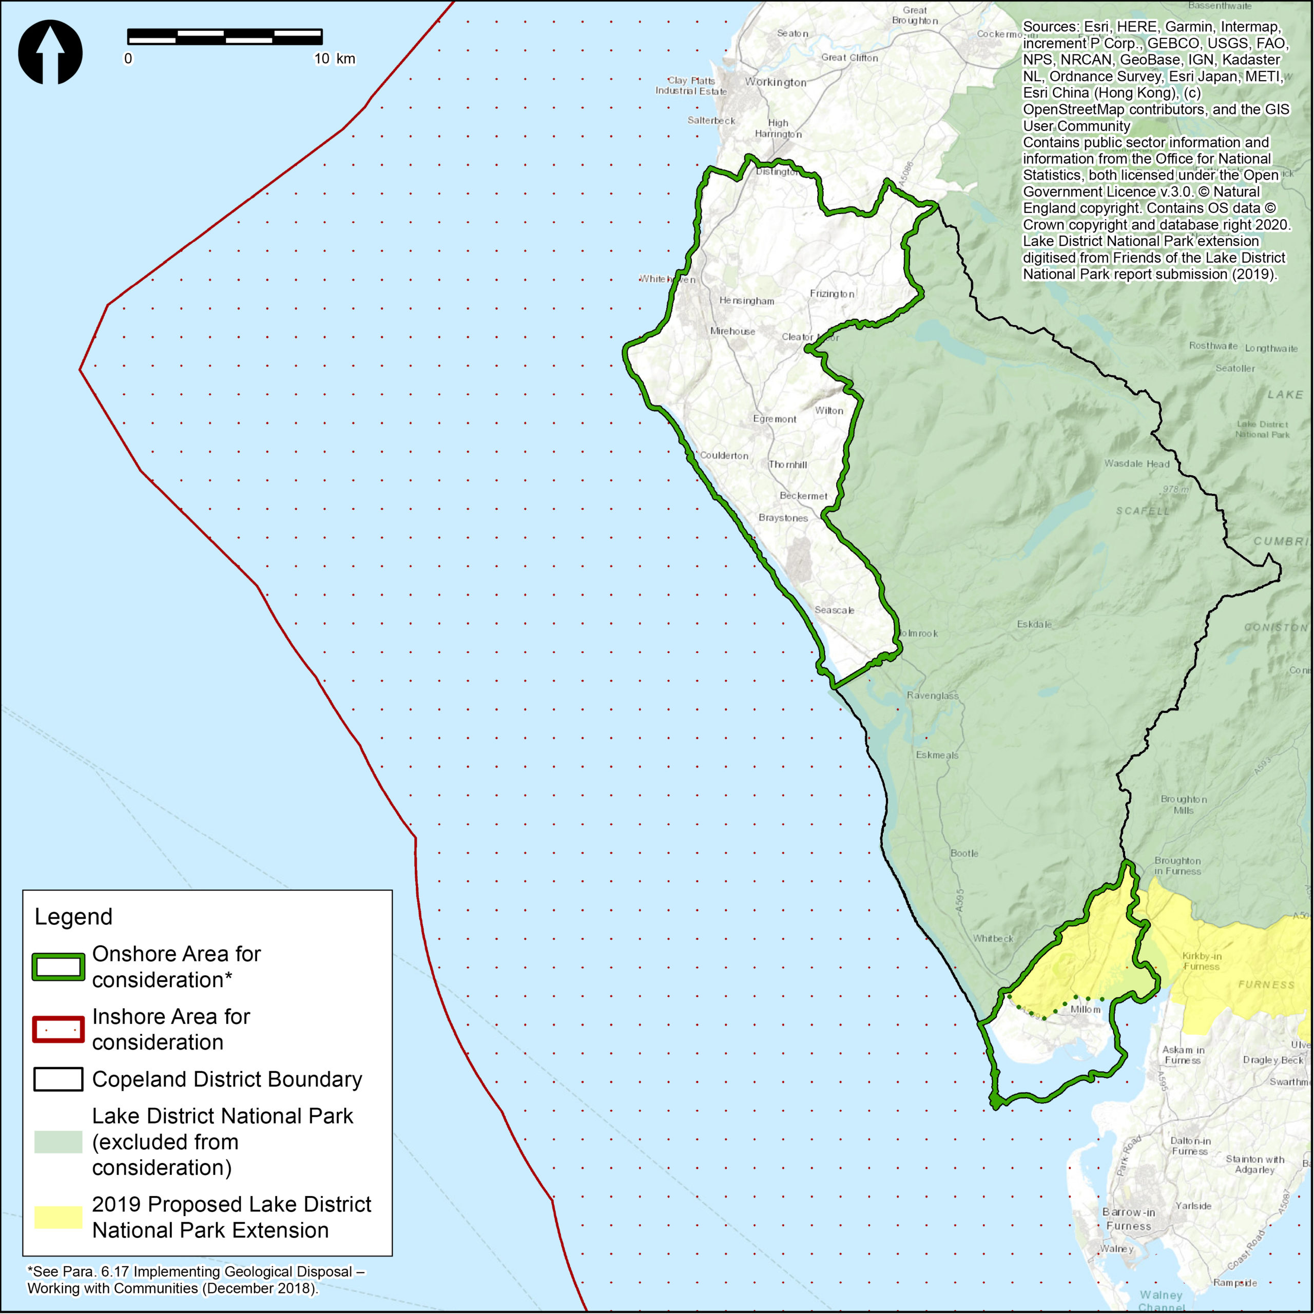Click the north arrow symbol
pos(50,52)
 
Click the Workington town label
pos(776,82)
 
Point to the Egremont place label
pos(775,419)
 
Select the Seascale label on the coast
pos(834,610)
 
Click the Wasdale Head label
pos(1136,464)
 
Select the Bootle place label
pos(964,853)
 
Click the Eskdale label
pos(1034,624)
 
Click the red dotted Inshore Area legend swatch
pos(59,1029)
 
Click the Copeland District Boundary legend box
pos(59,1079)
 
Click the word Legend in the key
pos(73,917)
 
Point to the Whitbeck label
pos(992,939)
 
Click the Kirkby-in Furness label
pos(1201,961)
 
